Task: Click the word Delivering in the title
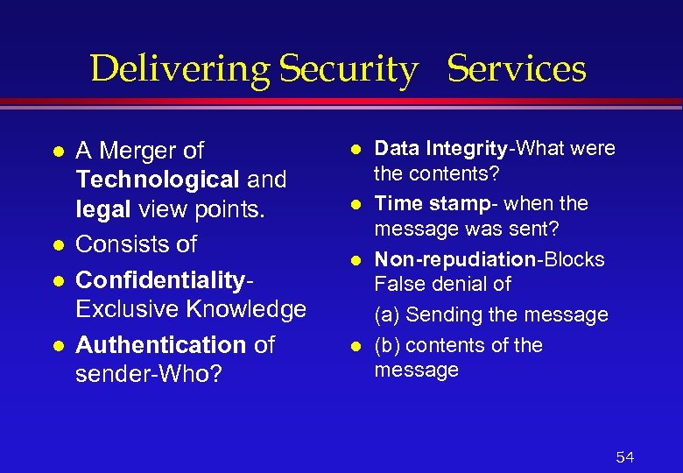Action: tap(181, 69)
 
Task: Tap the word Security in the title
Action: tap(348, 69)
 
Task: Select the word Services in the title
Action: tap(517, 69)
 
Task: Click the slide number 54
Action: tap(625, 456)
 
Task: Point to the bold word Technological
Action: tap(158, 180)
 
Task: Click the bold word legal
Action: tap(102, 211)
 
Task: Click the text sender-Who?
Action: tap(150, 375)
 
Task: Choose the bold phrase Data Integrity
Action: tap(440, 149)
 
